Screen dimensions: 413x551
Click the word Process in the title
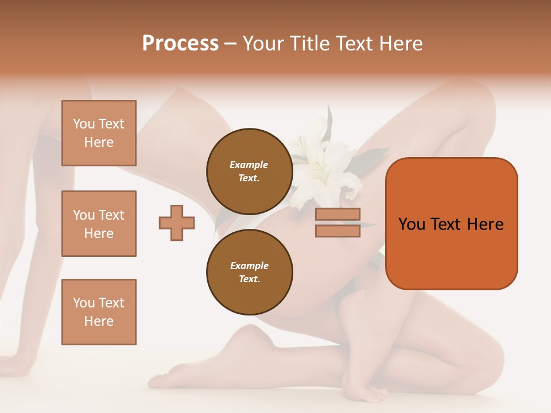[x=180, y=44]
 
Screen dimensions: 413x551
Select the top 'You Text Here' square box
[x=99, y=133]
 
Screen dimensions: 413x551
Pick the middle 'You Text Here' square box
[x=99, y=224]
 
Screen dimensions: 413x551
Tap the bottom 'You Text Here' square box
[x=99, y=312]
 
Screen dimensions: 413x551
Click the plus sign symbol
[x=177, y=223]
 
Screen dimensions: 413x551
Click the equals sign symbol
[x=337, y=223]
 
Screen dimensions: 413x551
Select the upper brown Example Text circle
[x=249, y=172]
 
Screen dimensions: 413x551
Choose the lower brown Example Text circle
[x=249, y=272]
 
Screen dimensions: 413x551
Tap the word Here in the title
[x=401, y=44]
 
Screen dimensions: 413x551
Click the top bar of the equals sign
[x=337, y=215]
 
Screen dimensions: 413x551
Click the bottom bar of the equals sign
[x=337, y=231]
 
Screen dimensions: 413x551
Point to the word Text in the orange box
[x=447, y=224]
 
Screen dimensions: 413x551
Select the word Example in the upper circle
[x=249, y=165]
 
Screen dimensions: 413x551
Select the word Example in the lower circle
[x=249, y=266]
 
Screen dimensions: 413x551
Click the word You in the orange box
[x=412, y=224]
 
